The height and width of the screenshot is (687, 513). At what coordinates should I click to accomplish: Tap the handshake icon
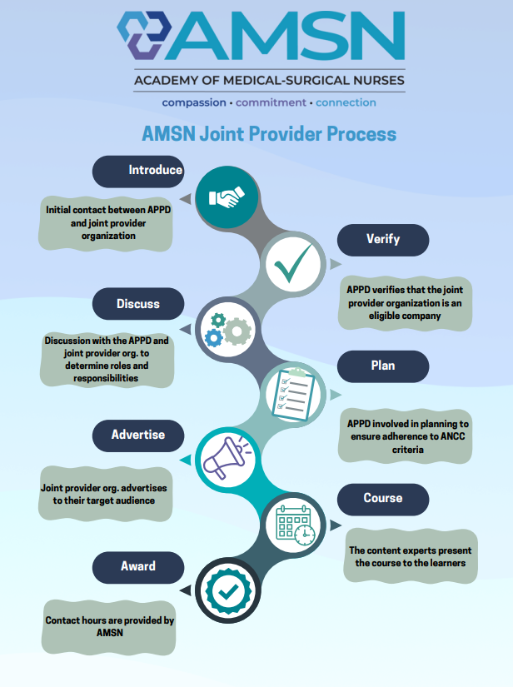click(227, 197)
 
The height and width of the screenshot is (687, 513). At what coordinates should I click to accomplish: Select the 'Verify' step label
click(383, 240)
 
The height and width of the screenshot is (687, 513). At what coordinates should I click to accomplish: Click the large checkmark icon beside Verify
click(293, 262)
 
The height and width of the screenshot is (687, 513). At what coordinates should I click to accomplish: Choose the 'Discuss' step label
click(138, 304)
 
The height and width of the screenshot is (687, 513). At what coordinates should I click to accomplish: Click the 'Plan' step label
click(383, 366)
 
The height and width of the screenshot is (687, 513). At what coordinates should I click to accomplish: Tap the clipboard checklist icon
click(294, 394)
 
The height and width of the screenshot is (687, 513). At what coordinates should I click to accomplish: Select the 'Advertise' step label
click(138, 435)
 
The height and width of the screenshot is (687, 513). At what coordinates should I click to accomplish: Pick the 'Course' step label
click(383, 499)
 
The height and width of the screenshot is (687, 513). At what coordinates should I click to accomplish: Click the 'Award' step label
click(138, 566)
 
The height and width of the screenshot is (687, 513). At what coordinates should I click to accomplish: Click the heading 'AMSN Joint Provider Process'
click(269, 133)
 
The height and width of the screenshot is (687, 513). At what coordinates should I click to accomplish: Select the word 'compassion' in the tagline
click(194, 102)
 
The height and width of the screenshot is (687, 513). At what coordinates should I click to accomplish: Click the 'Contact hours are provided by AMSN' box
click(110, 627)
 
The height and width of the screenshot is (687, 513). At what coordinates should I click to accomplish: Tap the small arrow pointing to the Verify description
click(335, 264)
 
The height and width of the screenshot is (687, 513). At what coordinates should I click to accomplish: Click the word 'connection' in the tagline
click(346, 102)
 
